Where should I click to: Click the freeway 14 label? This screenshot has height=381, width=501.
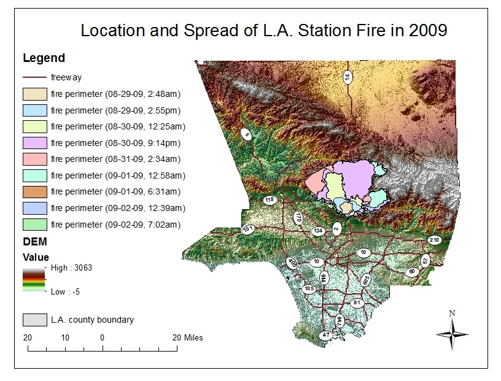348,77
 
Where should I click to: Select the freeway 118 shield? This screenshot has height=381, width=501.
270,200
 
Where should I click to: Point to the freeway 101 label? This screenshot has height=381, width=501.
249,229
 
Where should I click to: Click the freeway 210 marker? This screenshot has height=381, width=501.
434,239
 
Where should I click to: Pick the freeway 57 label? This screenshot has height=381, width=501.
425,260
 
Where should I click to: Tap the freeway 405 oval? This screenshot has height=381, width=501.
292,264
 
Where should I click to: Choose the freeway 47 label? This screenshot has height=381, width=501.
326,335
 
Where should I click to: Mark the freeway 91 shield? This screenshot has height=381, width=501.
357,303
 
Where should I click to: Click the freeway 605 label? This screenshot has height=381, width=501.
366,280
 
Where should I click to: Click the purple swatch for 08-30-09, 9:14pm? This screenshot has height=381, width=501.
34,142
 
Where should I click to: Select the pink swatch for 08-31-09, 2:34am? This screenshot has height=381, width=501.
34,158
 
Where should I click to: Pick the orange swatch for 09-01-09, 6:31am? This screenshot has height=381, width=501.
34,191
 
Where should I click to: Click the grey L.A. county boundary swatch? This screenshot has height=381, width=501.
34,320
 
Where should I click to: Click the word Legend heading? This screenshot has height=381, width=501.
44,59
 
